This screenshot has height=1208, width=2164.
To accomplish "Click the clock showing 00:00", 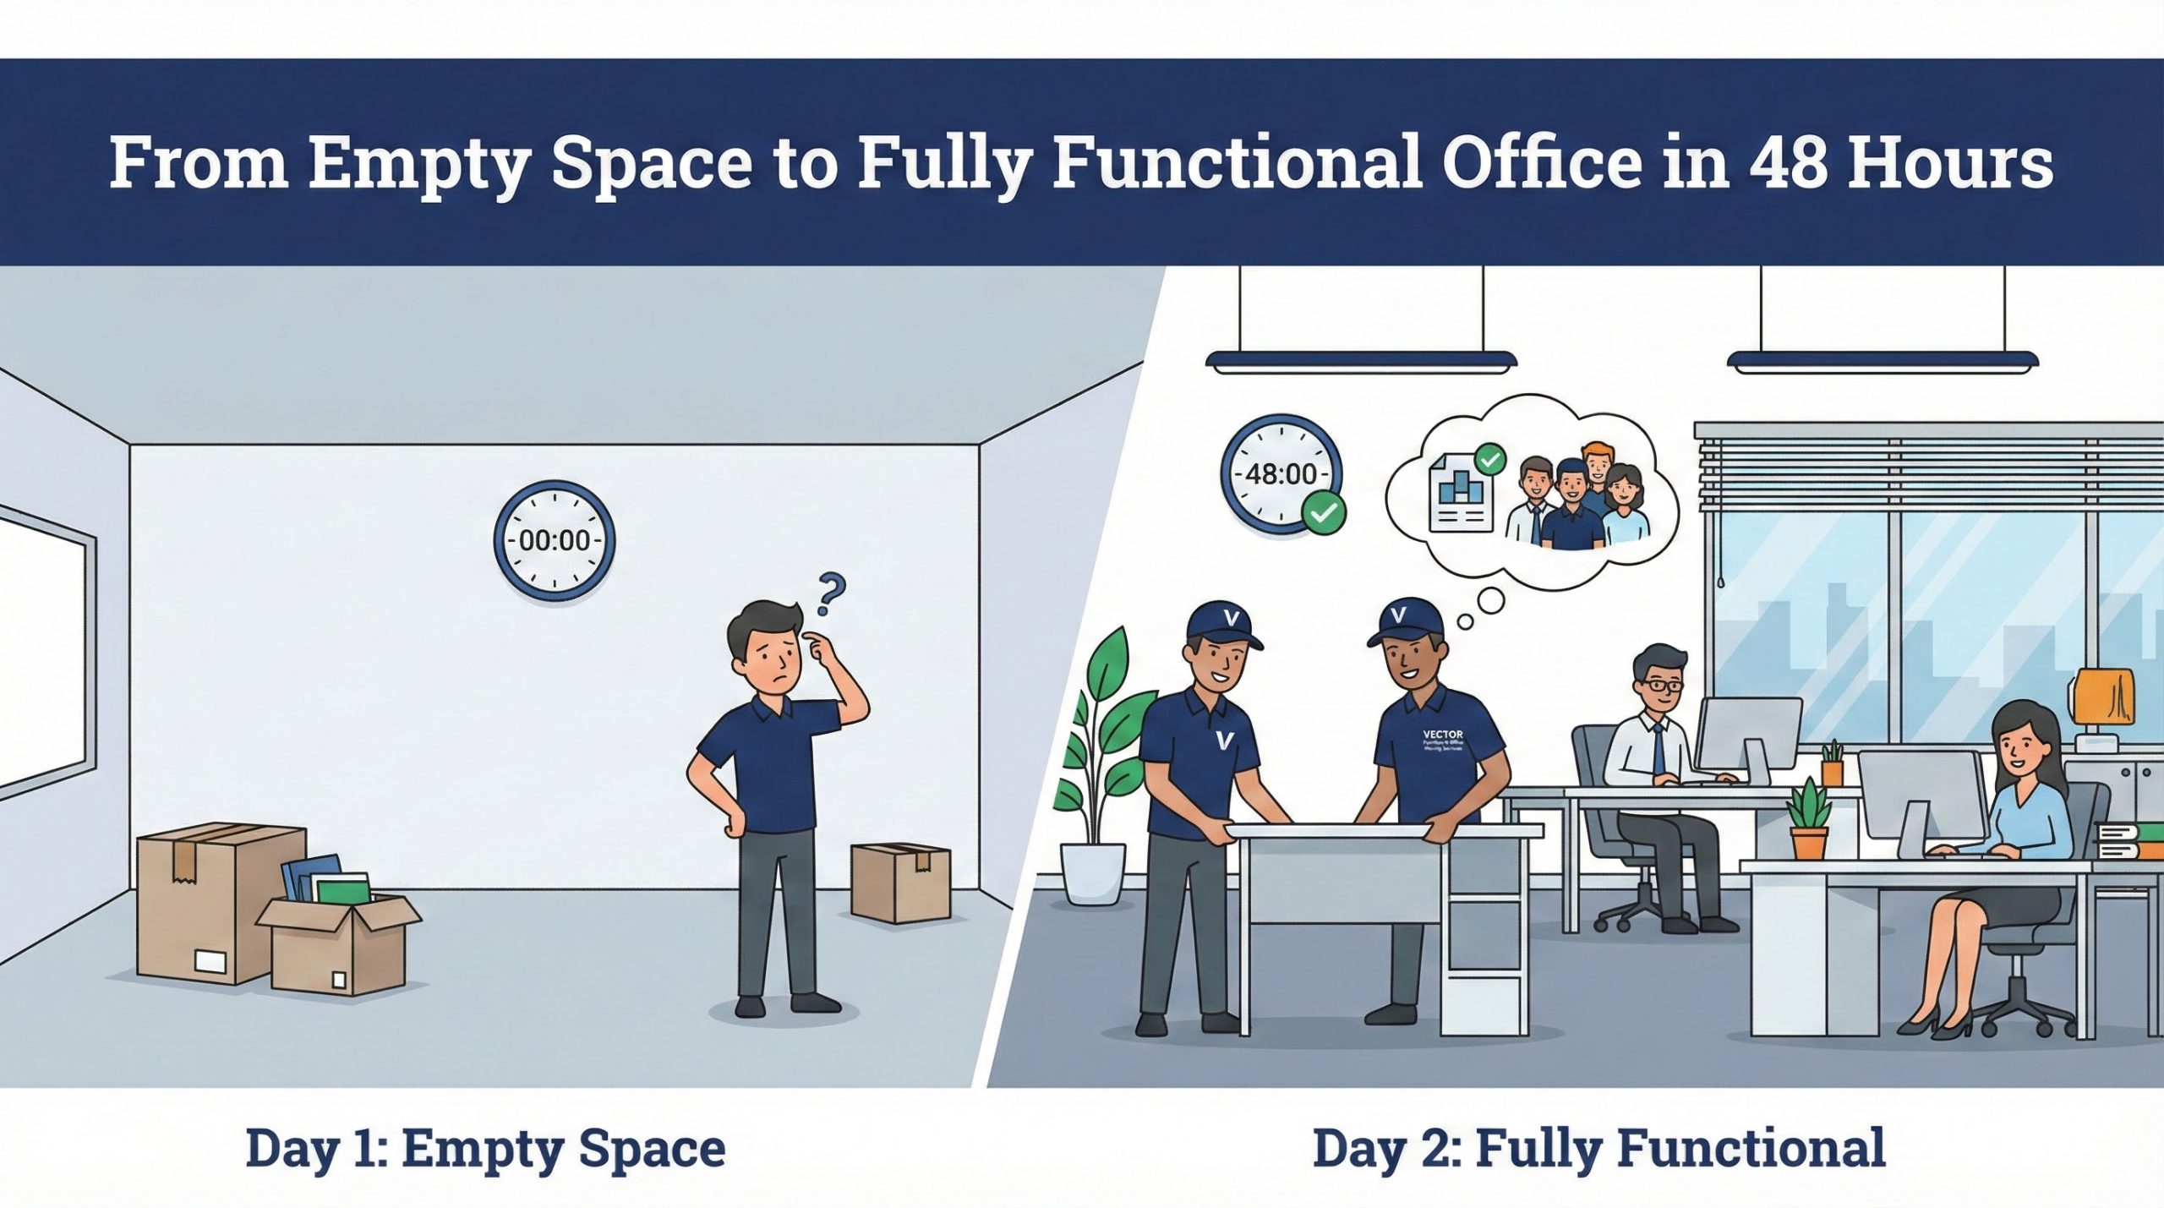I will point(554,540).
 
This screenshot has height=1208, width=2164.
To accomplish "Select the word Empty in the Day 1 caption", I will point(483,1149).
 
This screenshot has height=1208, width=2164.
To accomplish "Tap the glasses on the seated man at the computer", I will point(1659,686).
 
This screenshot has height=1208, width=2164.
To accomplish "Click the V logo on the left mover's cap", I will point(1230,620).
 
